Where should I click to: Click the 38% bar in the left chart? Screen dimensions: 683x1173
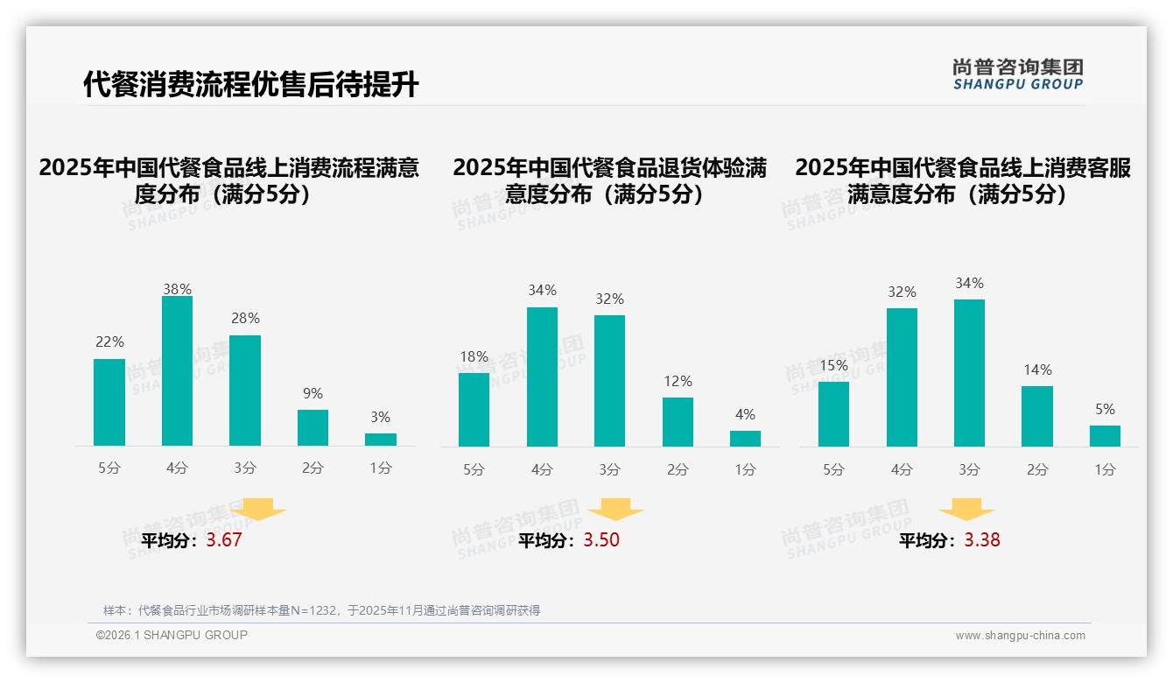(177, 371)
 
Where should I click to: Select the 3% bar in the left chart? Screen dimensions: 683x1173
(381, 440)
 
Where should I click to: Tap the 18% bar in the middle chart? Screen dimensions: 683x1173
(474, 410)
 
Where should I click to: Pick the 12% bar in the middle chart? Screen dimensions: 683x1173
(678, 422)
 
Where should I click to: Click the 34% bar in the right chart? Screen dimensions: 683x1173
(969, 373)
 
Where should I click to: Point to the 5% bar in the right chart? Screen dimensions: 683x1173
(1105, 436)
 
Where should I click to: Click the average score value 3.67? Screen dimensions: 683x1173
(224, 540)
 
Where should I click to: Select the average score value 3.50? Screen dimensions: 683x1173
(601, 540)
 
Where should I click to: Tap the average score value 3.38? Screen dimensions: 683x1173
(982, 540)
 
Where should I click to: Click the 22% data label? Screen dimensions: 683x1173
(109, 341)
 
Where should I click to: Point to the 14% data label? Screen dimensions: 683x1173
(1037, 370)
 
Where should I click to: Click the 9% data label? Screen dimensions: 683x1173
(313, 394)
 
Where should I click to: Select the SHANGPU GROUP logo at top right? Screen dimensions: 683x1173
(1017, 74)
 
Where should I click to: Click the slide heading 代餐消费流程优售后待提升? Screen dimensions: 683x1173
(251, 85)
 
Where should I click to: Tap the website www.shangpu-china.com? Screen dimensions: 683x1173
(1020, 636)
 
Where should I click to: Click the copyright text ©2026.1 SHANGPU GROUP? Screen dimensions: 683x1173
(172, 635)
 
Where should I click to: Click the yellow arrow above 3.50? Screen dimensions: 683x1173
(615, 510)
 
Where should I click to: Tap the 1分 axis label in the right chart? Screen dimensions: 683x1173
(1105, 470)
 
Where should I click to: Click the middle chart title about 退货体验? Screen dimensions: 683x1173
(609, 180)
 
